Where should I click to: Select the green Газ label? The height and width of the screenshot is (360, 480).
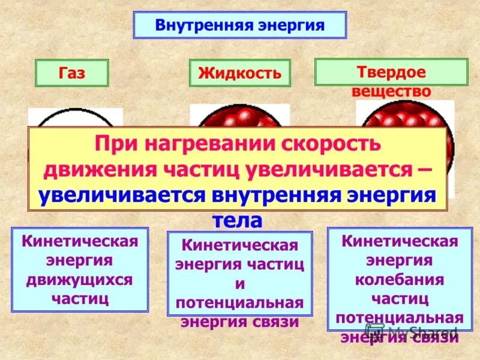pyautogui.click(x=72, y=73)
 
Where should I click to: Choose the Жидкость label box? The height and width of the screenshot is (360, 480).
pyautogui.click(x=239, y=74)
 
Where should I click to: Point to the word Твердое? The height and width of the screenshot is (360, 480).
pyautogui.click(x=391, y=73)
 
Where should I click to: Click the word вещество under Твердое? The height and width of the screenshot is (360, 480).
pyautogui.click(x=391, y=91)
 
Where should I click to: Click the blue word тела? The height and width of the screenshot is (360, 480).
pyautogui.click(x=238, y=220)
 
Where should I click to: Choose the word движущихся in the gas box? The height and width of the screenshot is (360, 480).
pyautogui.click(x=80, y=280)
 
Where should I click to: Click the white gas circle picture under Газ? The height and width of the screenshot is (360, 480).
pyautogui.click(x=75, y=118)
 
